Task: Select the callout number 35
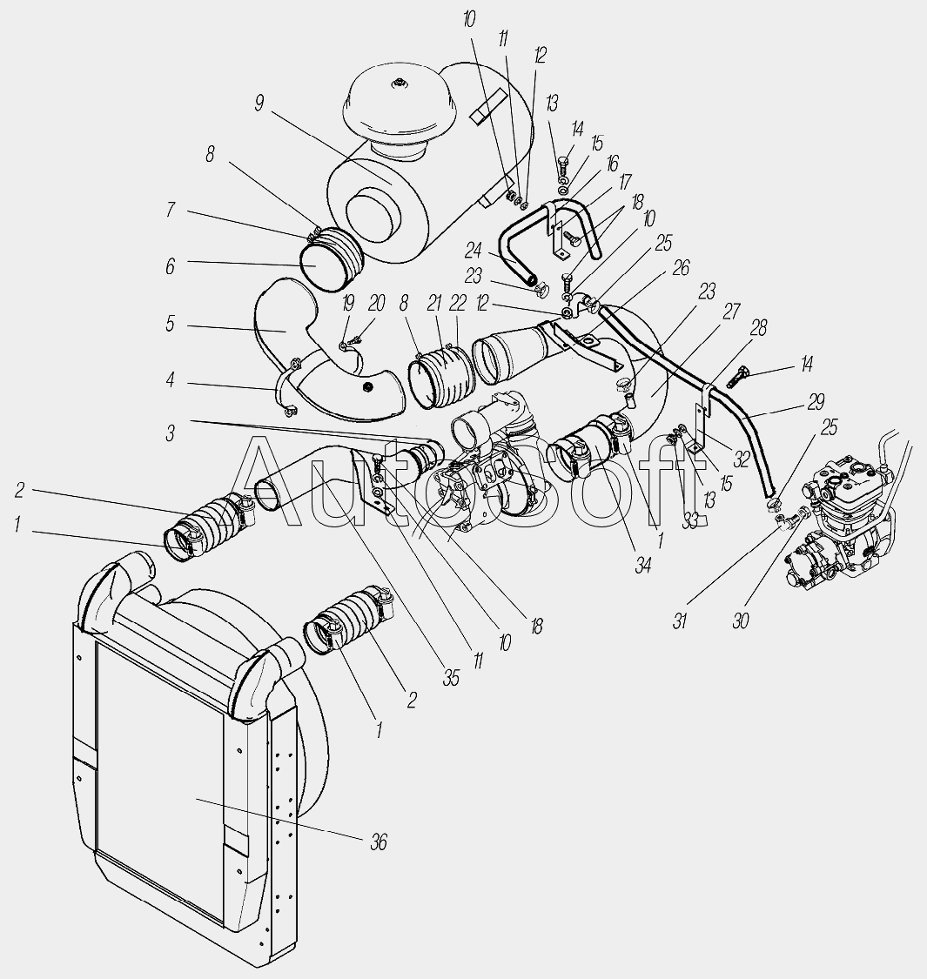click(451, 678)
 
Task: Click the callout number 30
click(740, 620)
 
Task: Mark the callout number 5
click(169, 325)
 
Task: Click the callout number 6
click(169, 266)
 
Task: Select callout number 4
click(169, 379)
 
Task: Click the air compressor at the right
click(844, 522)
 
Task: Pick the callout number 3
click(169, 433)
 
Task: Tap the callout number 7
click(169, 210)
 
